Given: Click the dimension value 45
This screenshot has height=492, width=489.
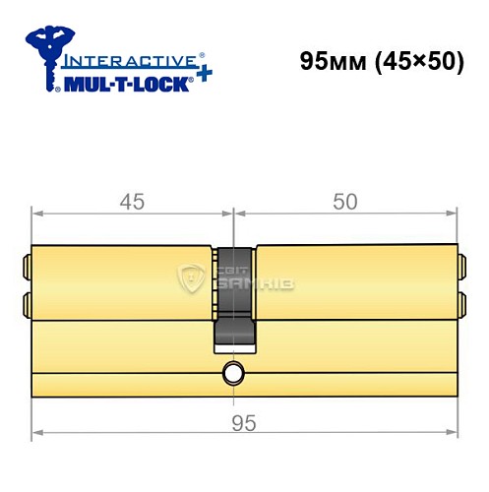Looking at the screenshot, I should [x=132, y=202].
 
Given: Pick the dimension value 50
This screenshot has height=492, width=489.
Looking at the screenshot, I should [x=344, y=202].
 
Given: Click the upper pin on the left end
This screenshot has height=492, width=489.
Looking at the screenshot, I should [x=27, y=266].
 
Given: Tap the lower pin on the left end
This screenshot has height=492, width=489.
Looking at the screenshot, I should [x=27, y=302].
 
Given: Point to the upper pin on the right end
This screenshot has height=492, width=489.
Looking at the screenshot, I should [x=461, y=266].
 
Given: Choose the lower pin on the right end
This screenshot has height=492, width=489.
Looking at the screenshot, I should [x=461, y=302].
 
